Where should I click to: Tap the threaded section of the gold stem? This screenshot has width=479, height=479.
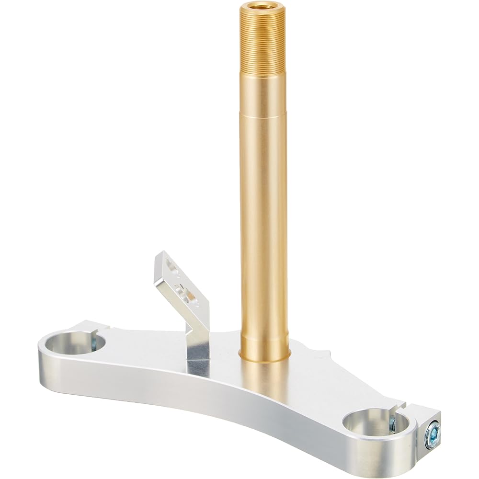click(262, 43)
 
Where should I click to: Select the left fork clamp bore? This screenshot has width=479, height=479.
click(77, 344)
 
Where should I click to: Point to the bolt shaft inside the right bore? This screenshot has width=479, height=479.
click(392, 423)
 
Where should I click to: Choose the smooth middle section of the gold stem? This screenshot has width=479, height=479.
click(264, 216)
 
